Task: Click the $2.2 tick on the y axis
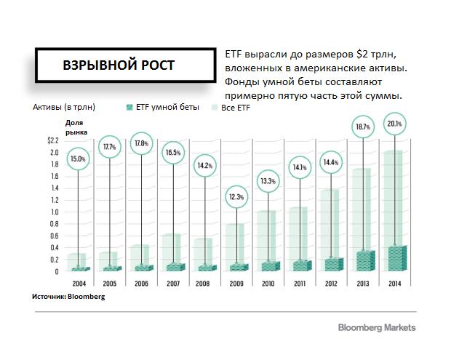coord(52,140)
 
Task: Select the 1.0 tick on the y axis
coord(54,212)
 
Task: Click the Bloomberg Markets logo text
coord(376,327)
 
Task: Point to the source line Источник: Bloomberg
coord(68,297)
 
